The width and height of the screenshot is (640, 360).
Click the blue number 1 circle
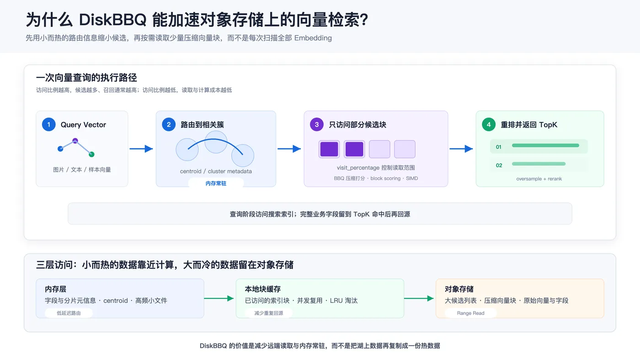coord(49,124)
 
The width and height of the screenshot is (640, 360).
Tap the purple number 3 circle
coord(316,124)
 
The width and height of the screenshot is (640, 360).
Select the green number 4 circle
coord(489,124)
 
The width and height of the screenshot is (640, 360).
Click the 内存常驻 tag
coord(216,183)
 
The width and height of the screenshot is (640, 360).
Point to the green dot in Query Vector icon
coord(91,154)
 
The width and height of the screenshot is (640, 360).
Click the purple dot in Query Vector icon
coord(75,141)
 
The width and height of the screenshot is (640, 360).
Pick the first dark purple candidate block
coord(329,149)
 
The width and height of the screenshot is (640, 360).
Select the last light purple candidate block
coord(405,149)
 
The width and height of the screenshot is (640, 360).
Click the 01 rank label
coord(499,147)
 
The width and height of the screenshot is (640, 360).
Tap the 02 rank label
coord(499,165)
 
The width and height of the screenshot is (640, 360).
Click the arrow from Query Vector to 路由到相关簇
coord(141,149)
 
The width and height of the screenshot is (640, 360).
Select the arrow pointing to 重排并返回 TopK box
coord(461,149)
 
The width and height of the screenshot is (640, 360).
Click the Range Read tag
coord(470,313)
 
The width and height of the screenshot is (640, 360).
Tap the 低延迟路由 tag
coord(69,313)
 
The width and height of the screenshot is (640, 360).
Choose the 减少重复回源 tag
coord(269,313)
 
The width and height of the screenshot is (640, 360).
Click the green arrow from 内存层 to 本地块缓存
coord(219,298)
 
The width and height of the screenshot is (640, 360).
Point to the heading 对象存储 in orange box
coord(459,289)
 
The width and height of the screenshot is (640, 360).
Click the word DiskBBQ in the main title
coord(112,20)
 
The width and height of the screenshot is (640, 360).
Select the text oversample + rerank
coord(539,179)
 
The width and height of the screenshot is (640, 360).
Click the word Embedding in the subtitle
coord(313,38)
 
